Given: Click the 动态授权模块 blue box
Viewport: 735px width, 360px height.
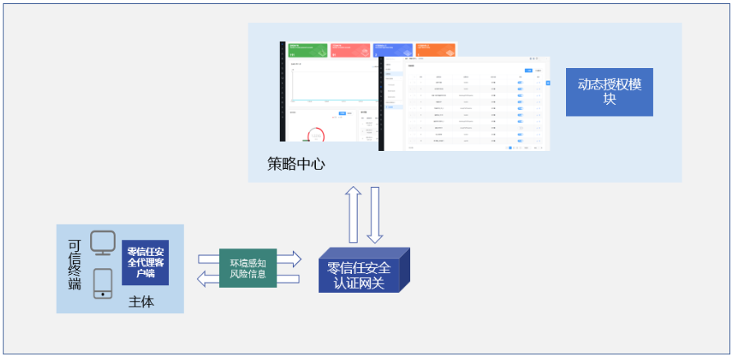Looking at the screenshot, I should click(x=609, y=92).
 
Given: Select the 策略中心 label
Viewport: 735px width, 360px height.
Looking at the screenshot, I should click(x=296, y=164).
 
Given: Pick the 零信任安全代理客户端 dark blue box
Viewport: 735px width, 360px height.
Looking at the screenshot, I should click(x=145, y=262).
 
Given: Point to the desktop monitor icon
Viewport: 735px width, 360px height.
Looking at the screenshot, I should click(x=103, y=243).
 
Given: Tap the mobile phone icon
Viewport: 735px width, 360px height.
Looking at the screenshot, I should click(x=103, y=284).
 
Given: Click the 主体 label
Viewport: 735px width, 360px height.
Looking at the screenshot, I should click(x=141, y=303).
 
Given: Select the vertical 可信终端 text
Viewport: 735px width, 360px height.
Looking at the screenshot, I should click(x=75, y=265).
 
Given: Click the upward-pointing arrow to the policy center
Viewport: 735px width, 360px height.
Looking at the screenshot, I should click(x=353, y=214).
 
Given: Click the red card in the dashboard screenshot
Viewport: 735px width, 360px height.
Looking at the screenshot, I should click(x=349, y=51).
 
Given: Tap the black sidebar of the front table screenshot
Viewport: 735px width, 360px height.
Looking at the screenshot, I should click(x=381, y=103).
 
